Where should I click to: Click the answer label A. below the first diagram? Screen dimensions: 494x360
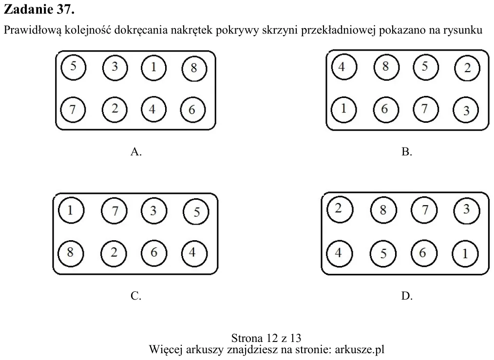coord(136,152)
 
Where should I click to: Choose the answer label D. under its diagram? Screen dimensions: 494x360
coord(407,296)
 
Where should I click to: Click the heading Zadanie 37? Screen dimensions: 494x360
coord(39,9)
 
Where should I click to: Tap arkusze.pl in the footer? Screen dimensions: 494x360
coord(360,349)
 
